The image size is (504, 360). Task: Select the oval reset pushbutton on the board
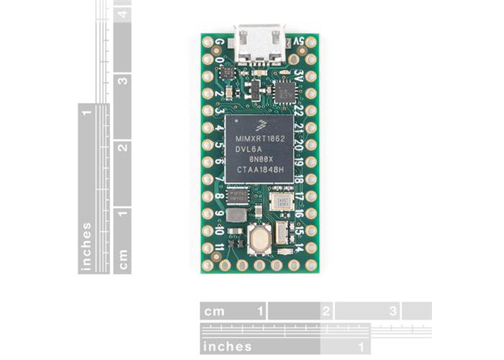258,238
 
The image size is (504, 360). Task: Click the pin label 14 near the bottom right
298,247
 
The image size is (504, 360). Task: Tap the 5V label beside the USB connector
296,42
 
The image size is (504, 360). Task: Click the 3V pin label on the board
298,74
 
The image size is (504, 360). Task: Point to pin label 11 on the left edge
219,247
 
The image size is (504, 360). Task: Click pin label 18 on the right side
297,179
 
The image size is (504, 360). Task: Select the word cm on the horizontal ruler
214,311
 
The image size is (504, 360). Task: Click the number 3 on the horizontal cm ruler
393,311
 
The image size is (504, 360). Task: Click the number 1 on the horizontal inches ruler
361,346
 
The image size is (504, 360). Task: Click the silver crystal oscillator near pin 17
280,202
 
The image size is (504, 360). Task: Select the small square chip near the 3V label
284,92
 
